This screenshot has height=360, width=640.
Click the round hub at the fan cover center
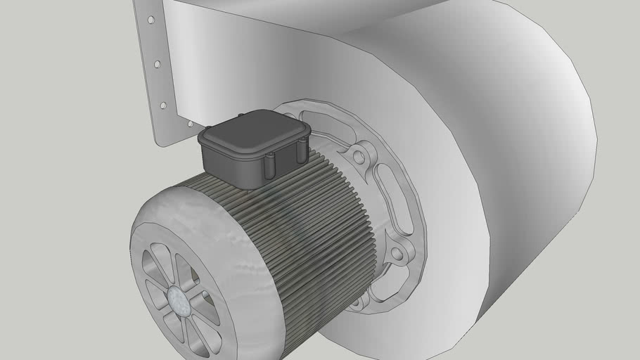179,301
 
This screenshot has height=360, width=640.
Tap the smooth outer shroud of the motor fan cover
211,232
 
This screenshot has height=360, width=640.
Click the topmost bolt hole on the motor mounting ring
359,156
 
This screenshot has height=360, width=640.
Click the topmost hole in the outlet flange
150,20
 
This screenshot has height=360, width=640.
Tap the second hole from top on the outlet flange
157,64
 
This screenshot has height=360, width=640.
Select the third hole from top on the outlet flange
163,105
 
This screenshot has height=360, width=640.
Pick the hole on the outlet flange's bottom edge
189,124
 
